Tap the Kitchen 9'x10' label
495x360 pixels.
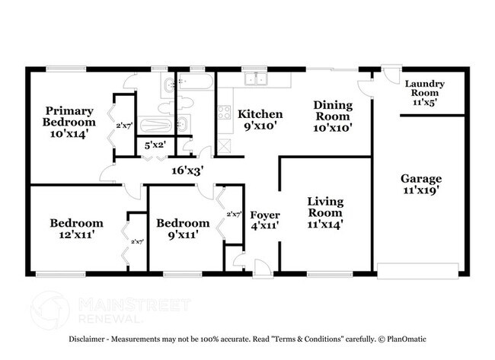tap(260, 120)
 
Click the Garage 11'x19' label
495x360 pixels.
tap(421, 185)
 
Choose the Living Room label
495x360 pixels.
tap(325, 212)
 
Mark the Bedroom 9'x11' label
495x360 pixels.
tap(183, 229)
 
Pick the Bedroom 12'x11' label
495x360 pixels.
tap(76, 229)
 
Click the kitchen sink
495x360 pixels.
tap(254, 78)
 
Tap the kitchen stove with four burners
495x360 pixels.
tap(225, 113)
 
